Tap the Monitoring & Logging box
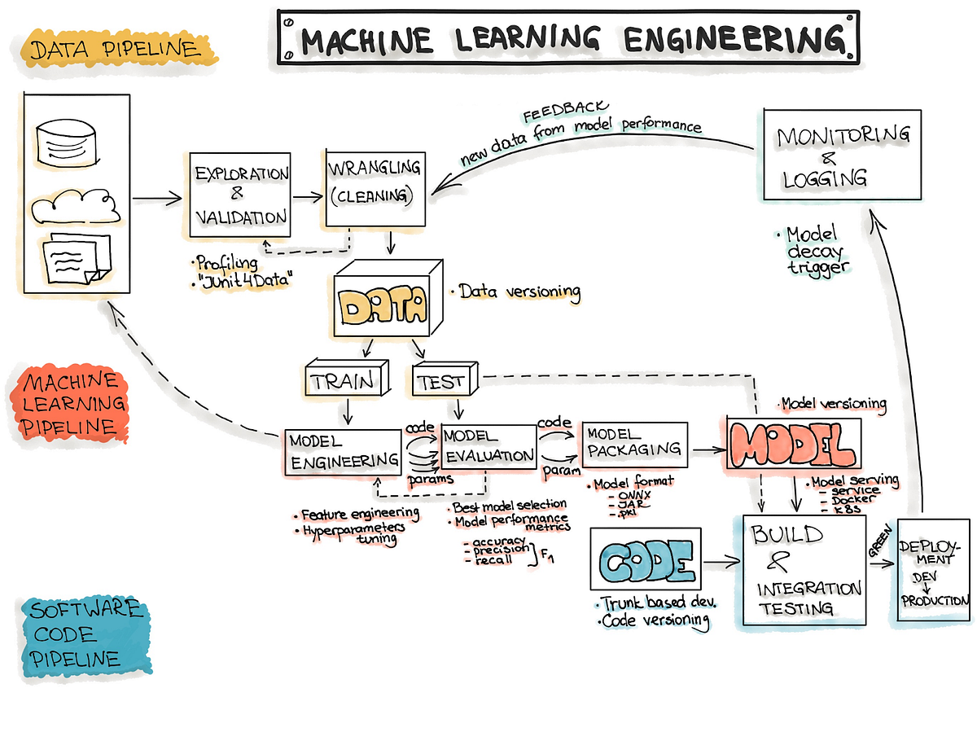[x=842, y=155]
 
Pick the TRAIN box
[x=345, y=380]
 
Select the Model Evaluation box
[x=488, y=446]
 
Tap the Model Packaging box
[x=634, y=444]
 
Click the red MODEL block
[x=792, y=445]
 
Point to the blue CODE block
[x=643, y=563]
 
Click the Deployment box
[x=934, y=570]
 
